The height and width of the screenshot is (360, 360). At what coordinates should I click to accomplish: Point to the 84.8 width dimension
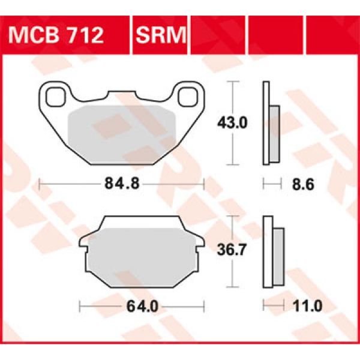click(x=123, y=185)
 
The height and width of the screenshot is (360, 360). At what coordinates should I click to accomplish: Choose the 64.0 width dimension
click(x=142, y=307)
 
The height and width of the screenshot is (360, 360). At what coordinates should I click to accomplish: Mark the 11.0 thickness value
click(x=308, y=307)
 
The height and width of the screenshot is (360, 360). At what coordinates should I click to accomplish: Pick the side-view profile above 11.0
click(x=273, y=252)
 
